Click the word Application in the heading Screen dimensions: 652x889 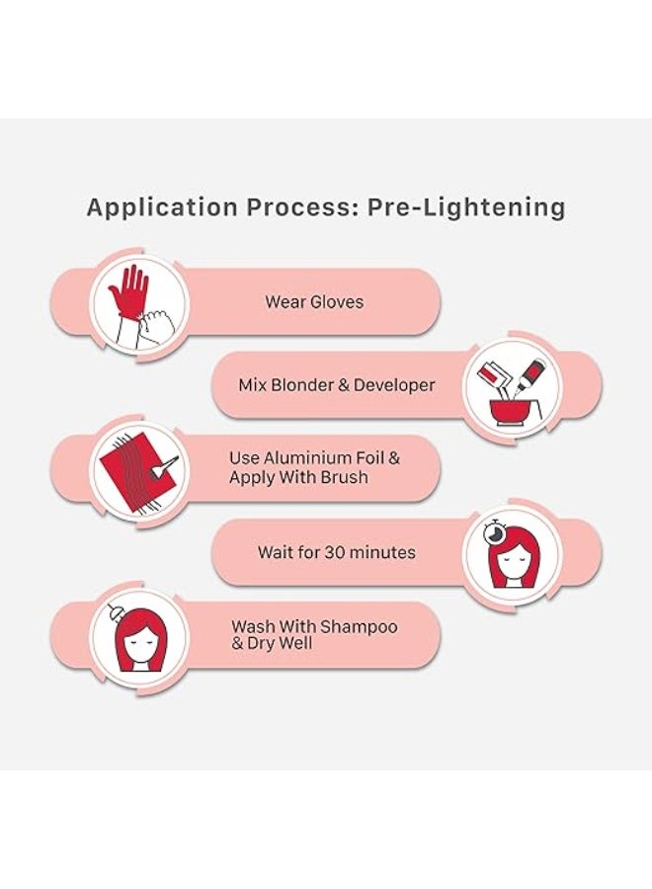click(x=162, y=208)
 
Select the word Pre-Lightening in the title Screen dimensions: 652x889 click(x=466, y=208)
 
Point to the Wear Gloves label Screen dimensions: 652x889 click(x=314, y=301)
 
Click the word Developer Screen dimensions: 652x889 click(x=394, y=385)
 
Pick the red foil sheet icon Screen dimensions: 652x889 click(x=131, y=468)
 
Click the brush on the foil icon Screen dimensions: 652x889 click(x=164, y=466)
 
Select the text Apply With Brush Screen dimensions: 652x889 click(x=298, y=477)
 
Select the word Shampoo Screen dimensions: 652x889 click(x=359, y=627)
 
